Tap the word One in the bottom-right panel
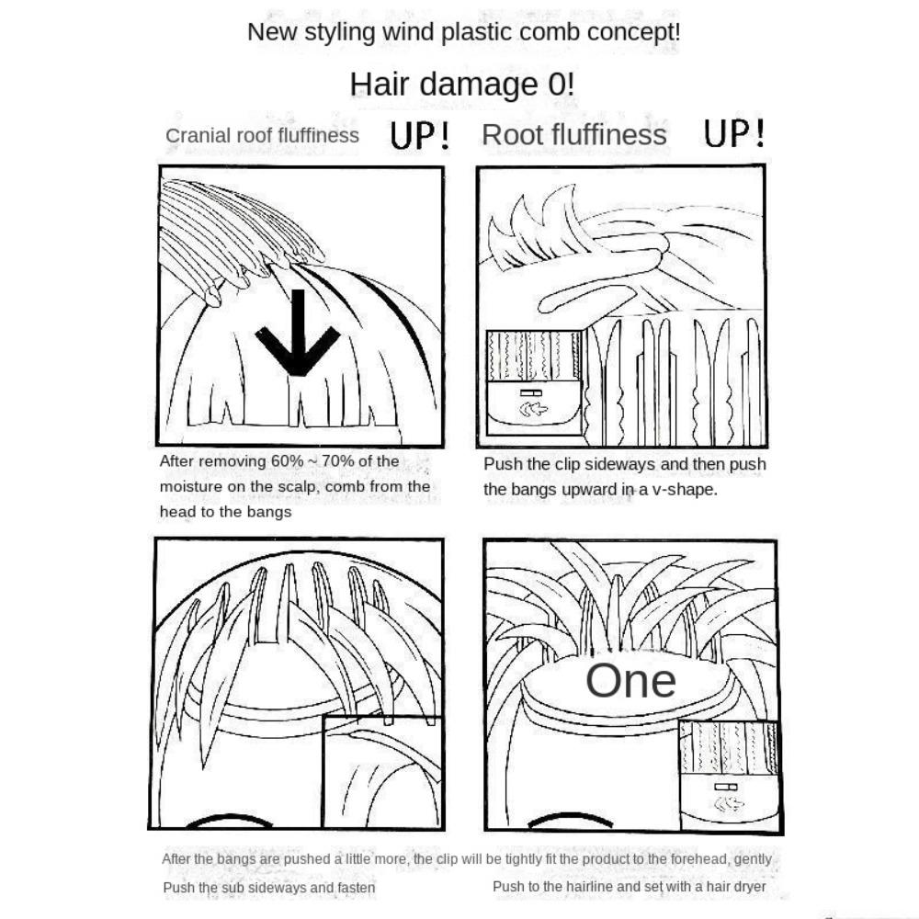tap(630, 680)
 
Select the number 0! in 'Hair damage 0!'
tap(561, 85)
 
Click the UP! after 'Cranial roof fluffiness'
tap(420, 135)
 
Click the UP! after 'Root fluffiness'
tap(733, 133)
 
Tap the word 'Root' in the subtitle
tap(509, 135)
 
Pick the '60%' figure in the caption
tap(287, 461)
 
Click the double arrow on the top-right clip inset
tap(533, 409)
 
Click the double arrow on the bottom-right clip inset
tap(729, 803)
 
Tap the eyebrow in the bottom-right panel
tap(571, 818)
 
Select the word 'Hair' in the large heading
tap(379, 85)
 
